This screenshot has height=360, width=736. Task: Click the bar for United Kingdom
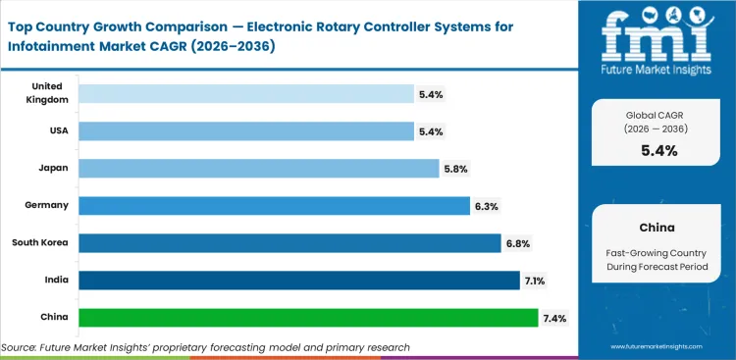(245, 93)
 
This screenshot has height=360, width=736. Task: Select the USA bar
(245, 130)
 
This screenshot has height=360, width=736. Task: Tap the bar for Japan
(258, 168)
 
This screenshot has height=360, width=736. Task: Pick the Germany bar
(274, 205)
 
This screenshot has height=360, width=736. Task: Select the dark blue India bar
(298, 280)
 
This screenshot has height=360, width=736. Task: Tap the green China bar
(308, 317)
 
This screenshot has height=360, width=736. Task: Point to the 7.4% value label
(554, 318)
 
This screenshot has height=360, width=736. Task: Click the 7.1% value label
(536, 281)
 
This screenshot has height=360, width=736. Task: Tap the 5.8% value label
(455, 169)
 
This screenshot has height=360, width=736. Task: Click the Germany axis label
(45, 205)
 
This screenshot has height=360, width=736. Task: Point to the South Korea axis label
(38, 242)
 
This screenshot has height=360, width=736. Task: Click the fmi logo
(658, 41)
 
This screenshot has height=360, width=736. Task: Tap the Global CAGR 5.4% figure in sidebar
(659, 150)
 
